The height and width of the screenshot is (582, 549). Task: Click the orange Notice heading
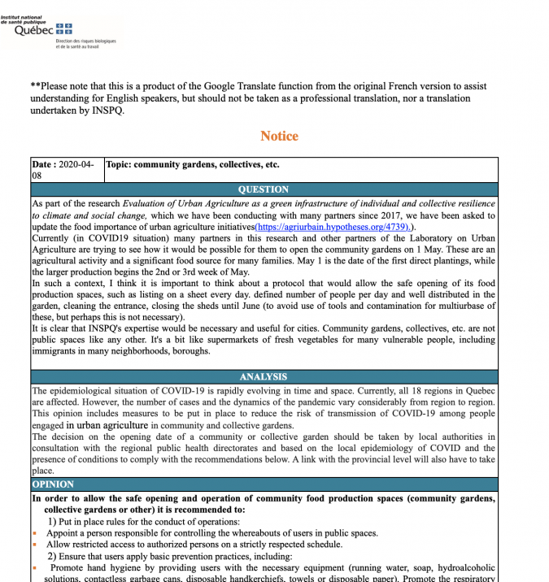[279, 136]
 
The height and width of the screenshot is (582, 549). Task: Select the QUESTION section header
[263, 189]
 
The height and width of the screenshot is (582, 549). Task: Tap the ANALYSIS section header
[263, 377]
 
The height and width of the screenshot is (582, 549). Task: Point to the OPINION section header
[53, 484]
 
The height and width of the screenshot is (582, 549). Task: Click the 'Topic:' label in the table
[118, 164]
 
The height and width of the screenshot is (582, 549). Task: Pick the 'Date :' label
[44, 164]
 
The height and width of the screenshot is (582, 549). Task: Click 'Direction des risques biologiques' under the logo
[85, 41]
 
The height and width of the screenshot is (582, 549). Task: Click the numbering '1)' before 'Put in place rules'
[51, 521]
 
